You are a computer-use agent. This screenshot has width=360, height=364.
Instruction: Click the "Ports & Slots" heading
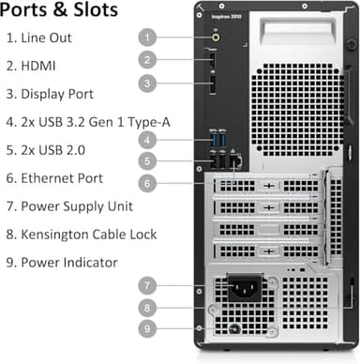pyautogui.click(x=60, y=12)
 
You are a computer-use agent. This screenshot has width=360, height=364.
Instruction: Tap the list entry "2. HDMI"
pyautogui.click(x=37, y=67)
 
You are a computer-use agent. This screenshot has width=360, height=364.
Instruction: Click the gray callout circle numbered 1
pyautogui.click(x=146, y=38)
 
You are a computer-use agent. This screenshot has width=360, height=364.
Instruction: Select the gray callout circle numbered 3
pyautogui.click(x=146, y=83)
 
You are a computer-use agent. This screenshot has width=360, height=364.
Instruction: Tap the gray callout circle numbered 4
pyautogui.click(x=146, y=140)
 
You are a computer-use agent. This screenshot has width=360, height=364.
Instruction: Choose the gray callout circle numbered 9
pyautogui.click(x=146, y=328)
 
